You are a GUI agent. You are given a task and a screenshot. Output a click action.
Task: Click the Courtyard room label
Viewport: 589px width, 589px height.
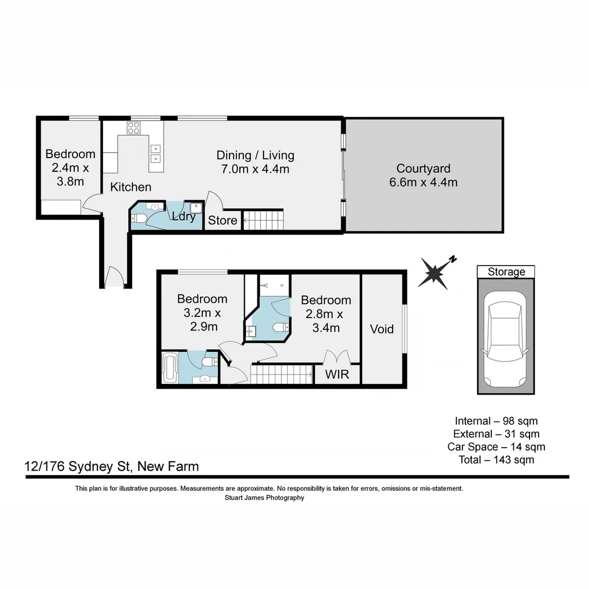coord(423,169)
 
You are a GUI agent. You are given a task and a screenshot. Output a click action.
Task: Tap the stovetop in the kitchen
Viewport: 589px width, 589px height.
coord(134,128)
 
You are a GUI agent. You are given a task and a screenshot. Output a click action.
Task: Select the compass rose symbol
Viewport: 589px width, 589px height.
coord(435,273)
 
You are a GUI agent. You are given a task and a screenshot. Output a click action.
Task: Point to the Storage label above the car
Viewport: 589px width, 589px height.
coord(506,272)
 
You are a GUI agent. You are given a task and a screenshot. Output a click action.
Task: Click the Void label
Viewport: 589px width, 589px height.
coord(382,329)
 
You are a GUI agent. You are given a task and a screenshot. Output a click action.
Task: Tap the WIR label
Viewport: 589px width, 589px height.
coord(338,375)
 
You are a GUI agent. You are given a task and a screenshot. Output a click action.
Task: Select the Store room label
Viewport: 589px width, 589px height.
coord(223,220)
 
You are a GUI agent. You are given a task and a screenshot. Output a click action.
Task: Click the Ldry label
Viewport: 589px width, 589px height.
coord(184,217)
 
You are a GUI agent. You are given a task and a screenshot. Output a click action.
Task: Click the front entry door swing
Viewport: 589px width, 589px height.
coord(115,277)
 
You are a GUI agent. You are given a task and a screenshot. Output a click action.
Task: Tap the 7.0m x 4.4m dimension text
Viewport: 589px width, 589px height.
coord(255,169)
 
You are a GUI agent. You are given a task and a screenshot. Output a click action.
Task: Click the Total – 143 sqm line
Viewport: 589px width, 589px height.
coord(496,460)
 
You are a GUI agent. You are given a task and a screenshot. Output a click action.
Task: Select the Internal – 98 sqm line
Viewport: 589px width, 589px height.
coord(496,421)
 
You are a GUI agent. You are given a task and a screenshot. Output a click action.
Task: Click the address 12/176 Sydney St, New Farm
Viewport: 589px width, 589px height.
coord(112,466)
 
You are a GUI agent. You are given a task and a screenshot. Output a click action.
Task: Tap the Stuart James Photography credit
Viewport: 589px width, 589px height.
coord(265,497)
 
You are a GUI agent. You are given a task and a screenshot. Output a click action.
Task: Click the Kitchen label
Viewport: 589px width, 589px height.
coord(131,187)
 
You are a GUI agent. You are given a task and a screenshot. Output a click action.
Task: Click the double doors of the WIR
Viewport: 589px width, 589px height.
coord(336,357)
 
